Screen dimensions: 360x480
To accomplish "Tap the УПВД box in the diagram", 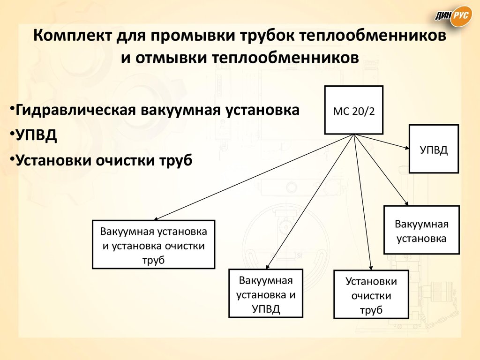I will [434, 149].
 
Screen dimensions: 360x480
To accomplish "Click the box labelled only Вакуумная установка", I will [422, 230].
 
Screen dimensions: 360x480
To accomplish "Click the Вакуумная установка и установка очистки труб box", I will [154, 245].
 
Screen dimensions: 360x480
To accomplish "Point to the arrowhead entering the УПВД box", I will [407, 148].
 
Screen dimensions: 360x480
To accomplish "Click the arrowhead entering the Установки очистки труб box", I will [371, 267].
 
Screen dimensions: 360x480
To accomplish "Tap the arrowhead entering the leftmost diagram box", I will [157, 218].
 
